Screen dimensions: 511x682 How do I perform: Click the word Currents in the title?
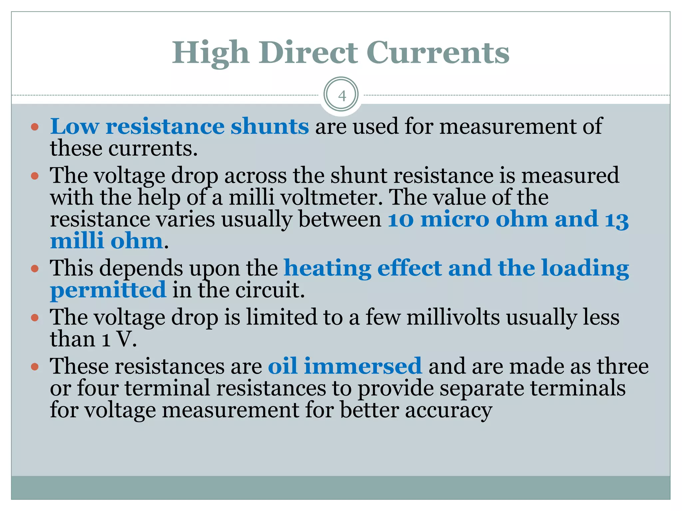[438, 53]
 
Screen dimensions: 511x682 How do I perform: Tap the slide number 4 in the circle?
[342, 96]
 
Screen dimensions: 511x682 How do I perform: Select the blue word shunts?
[270, 126]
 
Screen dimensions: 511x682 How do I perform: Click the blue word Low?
[75, 126]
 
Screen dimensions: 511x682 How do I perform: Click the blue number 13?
[616, 220]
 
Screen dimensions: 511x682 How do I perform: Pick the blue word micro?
[455, 220]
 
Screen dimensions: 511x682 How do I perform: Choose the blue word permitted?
[108, 290]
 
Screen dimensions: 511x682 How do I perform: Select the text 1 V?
[120, 339]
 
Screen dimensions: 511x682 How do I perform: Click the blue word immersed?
[363, 366]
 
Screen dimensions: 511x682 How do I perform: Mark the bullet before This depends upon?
[35, 268]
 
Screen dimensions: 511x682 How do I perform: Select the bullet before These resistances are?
[35, 367]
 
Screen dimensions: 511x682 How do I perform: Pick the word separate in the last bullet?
[482, 388]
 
